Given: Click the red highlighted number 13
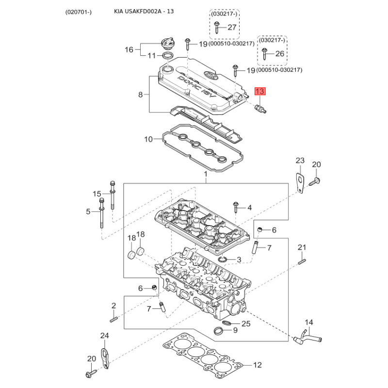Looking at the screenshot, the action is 260,91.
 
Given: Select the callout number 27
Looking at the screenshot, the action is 232,27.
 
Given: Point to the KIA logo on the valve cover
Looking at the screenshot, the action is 211,76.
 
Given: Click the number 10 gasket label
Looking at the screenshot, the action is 148,139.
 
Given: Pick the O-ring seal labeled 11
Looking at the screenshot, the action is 167,55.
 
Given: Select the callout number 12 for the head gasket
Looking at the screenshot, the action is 258,365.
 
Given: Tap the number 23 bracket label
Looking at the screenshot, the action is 300,161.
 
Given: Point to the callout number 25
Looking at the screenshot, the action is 246,323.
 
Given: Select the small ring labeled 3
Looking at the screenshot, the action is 223,259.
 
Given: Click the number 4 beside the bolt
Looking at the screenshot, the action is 249,208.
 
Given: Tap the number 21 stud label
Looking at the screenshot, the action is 302,247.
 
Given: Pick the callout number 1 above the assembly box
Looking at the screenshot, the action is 206,174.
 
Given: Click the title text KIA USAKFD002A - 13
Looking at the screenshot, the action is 144,11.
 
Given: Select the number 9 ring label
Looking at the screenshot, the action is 235,330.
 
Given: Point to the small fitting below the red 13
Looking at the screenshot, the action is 260,109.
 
